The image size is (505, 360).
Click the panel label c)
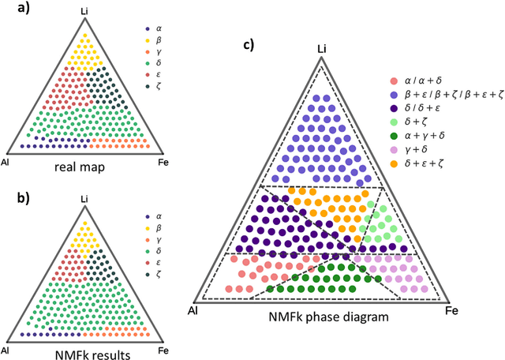click(249, 45)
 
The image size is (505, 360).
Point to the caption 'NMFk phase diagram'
click(322, 317)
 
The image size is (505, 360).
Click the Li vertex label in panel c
click(321, 50)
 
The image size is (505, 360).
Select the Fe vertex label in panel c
click(452, 312)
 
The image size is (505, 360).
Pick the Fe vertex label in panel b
click(163, 349)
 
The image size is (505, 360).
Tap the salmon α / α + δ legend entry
click(422, 81)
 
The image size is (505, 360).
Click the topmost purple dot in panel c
click(321, 97)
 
